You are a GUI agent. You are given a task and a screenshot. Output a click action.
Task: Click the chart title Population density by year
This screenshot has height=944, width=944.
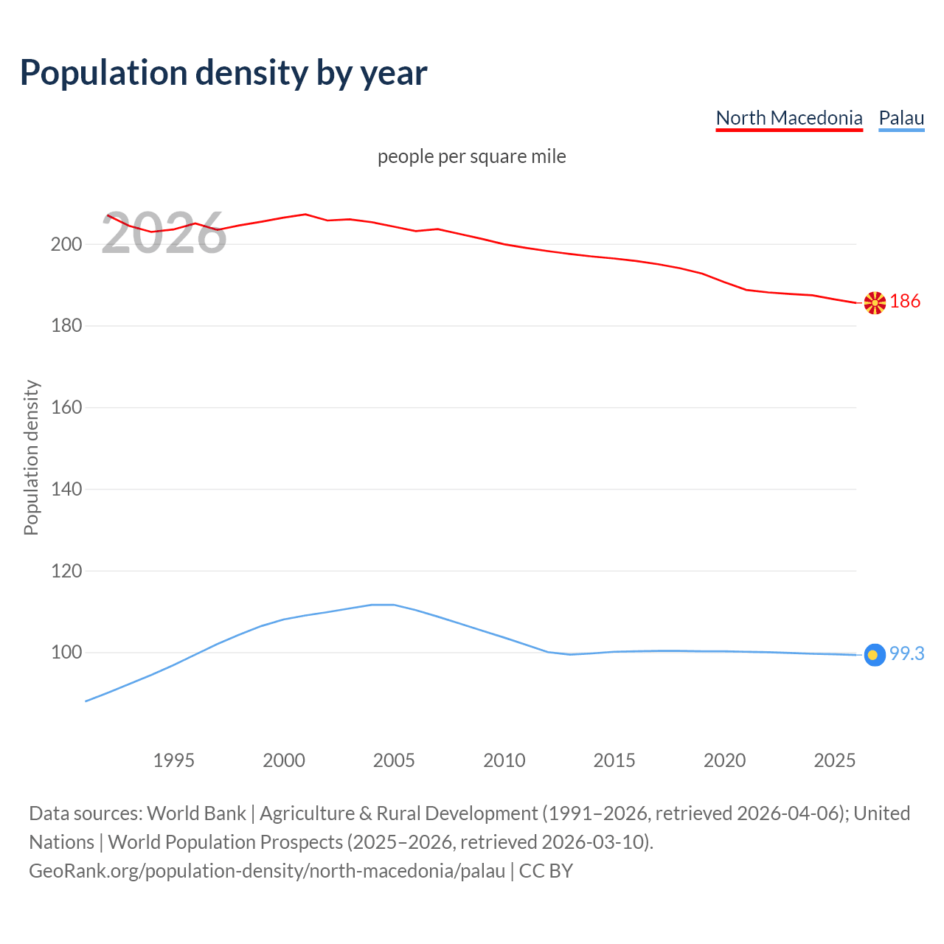click(x=223, y=72)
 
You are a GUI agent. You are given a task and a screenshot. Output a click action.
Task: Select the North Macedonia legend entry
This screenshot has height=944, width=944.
click(x=788, y=118)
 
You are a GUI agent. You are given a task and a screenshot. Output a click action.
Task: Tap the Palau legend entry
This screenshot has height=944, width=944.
click(x=901, y=118)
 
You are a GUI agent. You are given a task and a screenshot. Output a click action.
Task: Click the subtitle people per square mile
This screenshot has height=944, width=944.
click(x=471, y=156)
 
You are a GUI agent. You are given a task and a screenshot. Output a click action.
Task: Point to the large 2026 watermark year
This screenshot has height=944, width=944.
click(x=164, y=234)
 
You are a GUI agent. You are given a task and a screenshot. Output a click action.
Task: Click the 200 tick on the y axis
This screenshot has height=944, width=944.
click(x=66, y=244)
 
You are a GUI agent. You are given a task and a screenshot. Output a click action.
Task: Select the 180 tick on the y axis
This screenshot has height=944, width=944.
click(x=66, y=326)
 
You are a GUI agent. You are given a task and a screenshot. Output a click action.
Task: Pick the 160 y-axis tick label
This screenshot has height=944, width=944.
click(x=66, y=408)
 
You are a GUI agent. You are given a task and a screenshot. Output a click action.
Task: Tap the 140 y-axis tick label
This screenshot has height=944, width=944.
click(x=66, y=489)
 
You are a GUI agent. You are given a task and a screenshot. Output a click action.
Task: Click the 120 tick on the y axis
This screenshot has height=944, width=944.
click(x=66, y=571)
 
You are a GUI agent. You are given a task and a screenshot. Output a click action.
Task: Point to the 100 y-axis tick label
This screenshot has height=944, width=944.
click(x=66, y=653)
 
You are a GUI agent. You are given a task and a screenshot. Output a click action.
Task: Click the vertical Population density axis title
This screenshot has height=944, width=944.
click(x=31, y=457)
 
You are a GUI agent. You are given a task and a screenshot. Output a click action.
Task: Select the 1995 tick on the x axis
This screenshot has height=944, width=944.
click(x=174, y=760)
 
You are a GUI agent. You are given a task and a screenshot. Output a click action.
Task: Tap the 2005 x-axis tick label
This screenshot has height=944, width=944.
click(x=394, y=760)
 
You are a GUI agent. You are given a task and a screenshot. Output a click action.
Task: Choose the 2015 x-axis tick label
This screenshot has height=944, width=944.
click(x=614, y=760)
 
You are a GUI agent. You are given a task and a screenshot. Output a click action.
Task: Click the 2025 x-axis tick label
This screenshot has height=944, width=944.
click(x=834, y=760)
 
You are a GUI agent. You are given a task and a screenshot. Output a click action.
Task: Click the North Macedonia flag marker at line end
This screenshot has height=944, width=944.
click(x=875, y=302)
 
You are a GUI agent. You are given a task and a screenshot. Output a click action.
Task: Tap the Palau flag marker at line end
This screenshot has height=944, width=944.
click(x=875, y=655)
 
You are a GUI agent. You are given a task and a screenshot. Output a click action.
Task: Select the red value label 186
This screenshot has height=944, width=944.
click(x=905, y=301)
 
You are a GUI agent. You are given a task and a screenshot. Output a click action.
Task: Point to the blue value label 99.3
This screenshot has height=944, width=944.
click(x=906, y=654)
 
